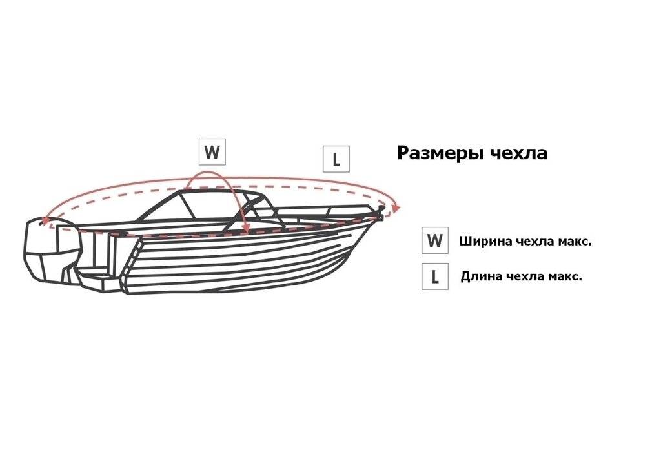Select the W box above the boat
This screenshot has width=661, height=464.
(x=212, y=151)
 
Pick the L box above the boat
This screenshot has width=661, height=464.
(x=336, y=159)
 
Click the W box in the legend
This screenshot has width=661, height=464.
(x=435, y=240)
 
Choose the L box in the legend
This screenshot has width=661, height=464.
(x=435, y=276)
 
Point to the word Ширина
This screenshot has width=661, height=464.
(x=480, y=242)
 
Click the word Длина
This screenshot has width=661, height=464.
(x=480, y=276)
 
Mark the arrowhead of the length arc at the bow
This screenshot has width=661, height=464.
(x=396, y=208)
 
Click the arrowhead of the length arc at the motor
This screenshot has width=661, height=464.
(x=44, y=222)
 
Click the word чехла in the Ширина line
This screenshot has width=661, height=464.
(x=522, y=242)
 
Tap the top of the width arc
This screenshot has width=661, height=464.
(x=207, y=172)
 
